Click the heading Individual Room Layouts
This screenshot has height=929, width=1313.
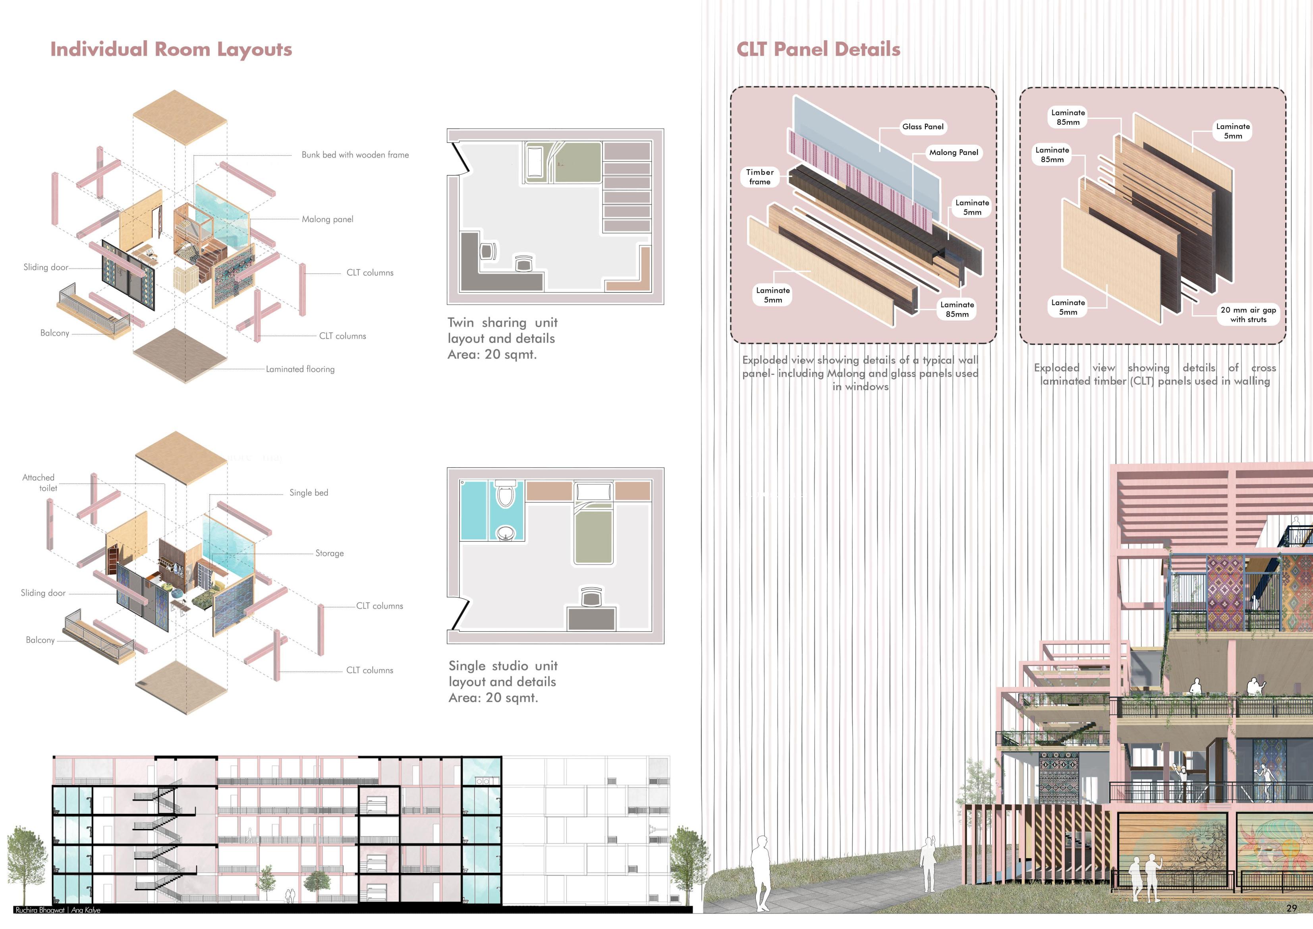pos(171,49)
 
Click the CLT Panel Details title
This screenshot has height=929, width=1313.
pos(818,49)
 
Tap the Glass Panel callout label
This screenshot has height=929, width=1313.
pos(923,126)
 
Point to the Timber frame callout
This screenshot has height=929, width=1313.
pos(759,177)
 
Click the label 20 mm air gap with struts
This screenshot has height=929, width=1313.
pos(1248,315)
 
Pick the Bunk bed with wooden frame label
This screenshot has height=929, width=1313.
pos(355,155)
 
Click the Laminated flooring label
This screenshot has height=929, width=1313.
pos(300,369)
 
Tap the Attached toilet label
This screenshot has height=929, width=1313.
pos(39,482)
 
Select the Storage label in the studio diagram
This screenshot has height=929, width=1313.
pos(329,553)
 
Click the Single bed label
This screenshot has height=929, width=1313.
pos(309,493)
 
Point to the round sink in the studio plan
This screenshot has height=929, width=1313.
pos(506,533)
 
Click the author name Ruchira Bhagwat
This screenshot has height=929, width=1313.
pos(39,910)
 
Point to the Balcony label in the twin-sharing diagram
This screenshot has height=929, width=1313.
pos(54,333)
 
